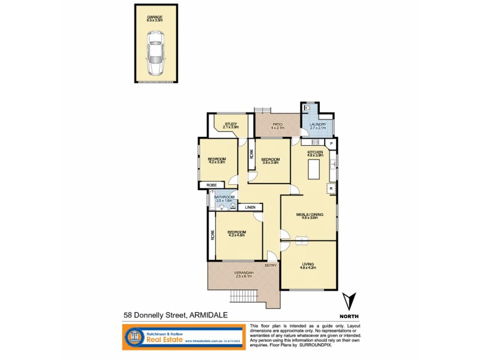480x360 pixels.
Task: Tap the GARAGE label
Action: coord(155,17)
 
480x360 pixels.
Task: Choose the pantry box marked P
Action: coord(331,145)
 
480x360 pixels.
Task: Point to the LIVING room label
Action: coord(308,264)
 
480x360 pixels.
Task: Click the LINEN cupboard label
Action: coord(250,207)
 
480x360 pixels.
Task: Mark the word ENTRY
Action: coord(271,266)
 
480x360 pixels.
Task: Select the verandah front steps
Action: coord(244,298)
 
